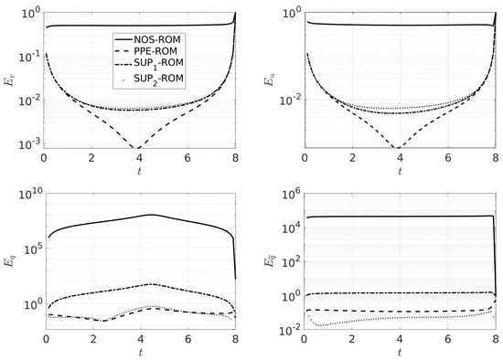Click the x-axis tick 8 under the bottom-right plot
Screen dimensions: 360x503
(x=495, y=342)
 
